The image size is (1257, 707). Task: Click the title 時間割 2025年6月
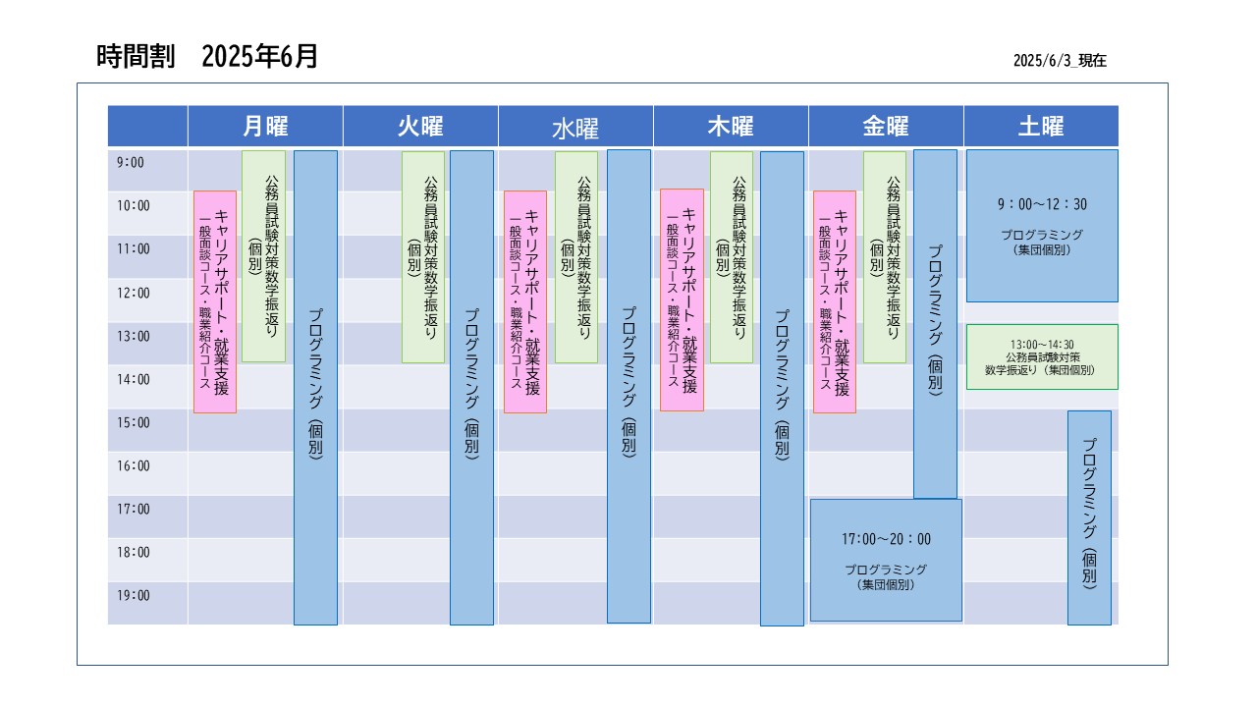(x=207, y=56)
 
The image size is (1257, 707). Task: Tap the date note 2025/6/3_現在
(x=1060, y=61)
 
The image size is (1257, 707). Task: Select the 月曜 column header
(x=265, y=127)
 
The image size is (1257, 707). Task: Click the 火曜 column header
(x=420, y=127)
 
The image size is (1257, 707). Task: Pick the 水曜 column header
(x=575, y=127)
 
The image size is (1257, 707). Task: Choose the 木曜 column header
(x=731, y=127)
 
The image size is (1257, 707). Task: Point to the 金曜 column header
(x=886, y=127)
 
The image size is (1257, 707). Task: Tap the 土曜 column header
(x=1042, y=127)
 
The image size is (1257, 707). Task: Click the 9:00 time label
(x=131, y=163)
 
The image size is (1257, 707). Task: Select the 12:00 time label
(x=133, y=293)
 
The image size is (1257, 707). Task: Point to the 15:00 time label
(x=133, y=422)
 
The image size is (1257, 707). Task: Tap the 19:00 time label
(x=133, y=595)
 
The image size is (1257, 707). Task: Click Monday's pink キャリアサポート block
(x=215, y=301)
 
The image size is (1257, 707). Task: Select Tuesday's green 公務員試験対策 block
(x=423, y=257)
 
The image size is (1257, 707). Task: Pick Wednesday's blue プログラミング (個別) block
(x=629, y=386)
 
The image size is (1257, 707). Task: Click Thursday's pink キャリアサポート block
(x=682, y=300)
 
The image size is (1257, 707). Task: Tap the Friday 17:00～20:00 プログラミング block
(x=886, y=560)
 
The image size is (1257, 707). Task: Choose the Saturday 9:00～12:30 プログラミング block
(x=1042, y=226)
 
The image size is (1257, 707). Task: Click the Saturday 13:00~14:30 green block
(x=1042, y=356)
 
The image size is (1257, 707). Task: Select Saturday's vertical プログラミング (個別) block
(x=1089, y=517)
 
